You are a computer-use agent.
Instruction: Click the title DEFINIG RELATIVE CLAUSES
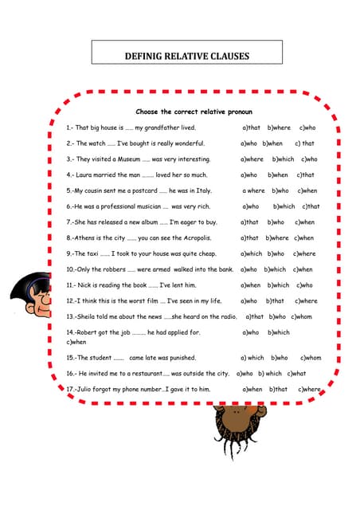tap(187, 57)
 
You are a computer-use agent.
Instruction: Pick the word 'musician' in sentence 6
tap(142, 206)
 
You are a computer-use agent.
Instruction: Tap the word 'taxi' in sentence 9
tap(90, 253)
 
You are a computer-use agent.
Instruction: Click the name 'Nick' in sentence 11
tap(84, 284)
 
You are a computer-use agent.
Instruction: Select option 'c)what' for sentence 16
tap(295, 373)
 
